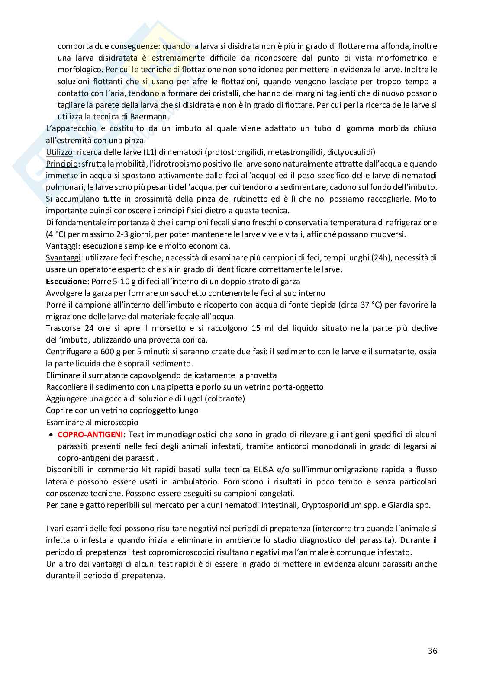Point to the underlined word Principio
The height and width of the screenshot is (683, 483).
[61, 164]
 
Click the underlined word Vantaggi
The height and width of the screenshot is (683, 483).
[61, 246]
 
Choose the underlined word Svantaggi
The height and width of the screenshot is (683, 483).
[63, 257]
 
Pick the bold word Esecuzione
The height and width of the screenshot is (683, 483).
[65, 281]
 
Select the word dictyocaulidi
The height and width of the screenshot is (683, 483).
[351, 152]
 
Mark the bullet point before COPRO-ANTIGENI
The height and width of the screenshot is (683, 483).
[52, 434]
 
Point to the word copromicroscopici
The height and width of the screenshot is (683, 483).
[222, 552]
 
